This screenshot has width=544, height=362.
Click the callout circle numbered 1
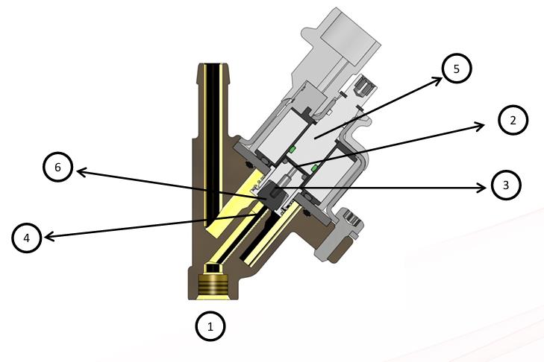(210, 326)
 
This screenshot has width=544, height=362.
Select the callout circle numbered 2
(513, 120)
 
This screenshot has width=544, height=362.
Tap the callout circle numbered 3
(506, 185)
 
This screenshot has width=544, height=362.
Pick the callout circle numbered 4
(27, 238)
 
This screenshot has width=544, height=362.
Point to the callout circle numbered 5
(457, 69)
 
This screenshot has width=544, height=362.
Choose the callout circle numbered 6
(57, 167)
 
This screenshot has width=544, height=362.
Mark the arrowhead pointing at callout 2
(479, 126)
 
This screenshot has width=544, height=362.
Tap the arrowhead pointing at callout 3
(482, 188)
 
